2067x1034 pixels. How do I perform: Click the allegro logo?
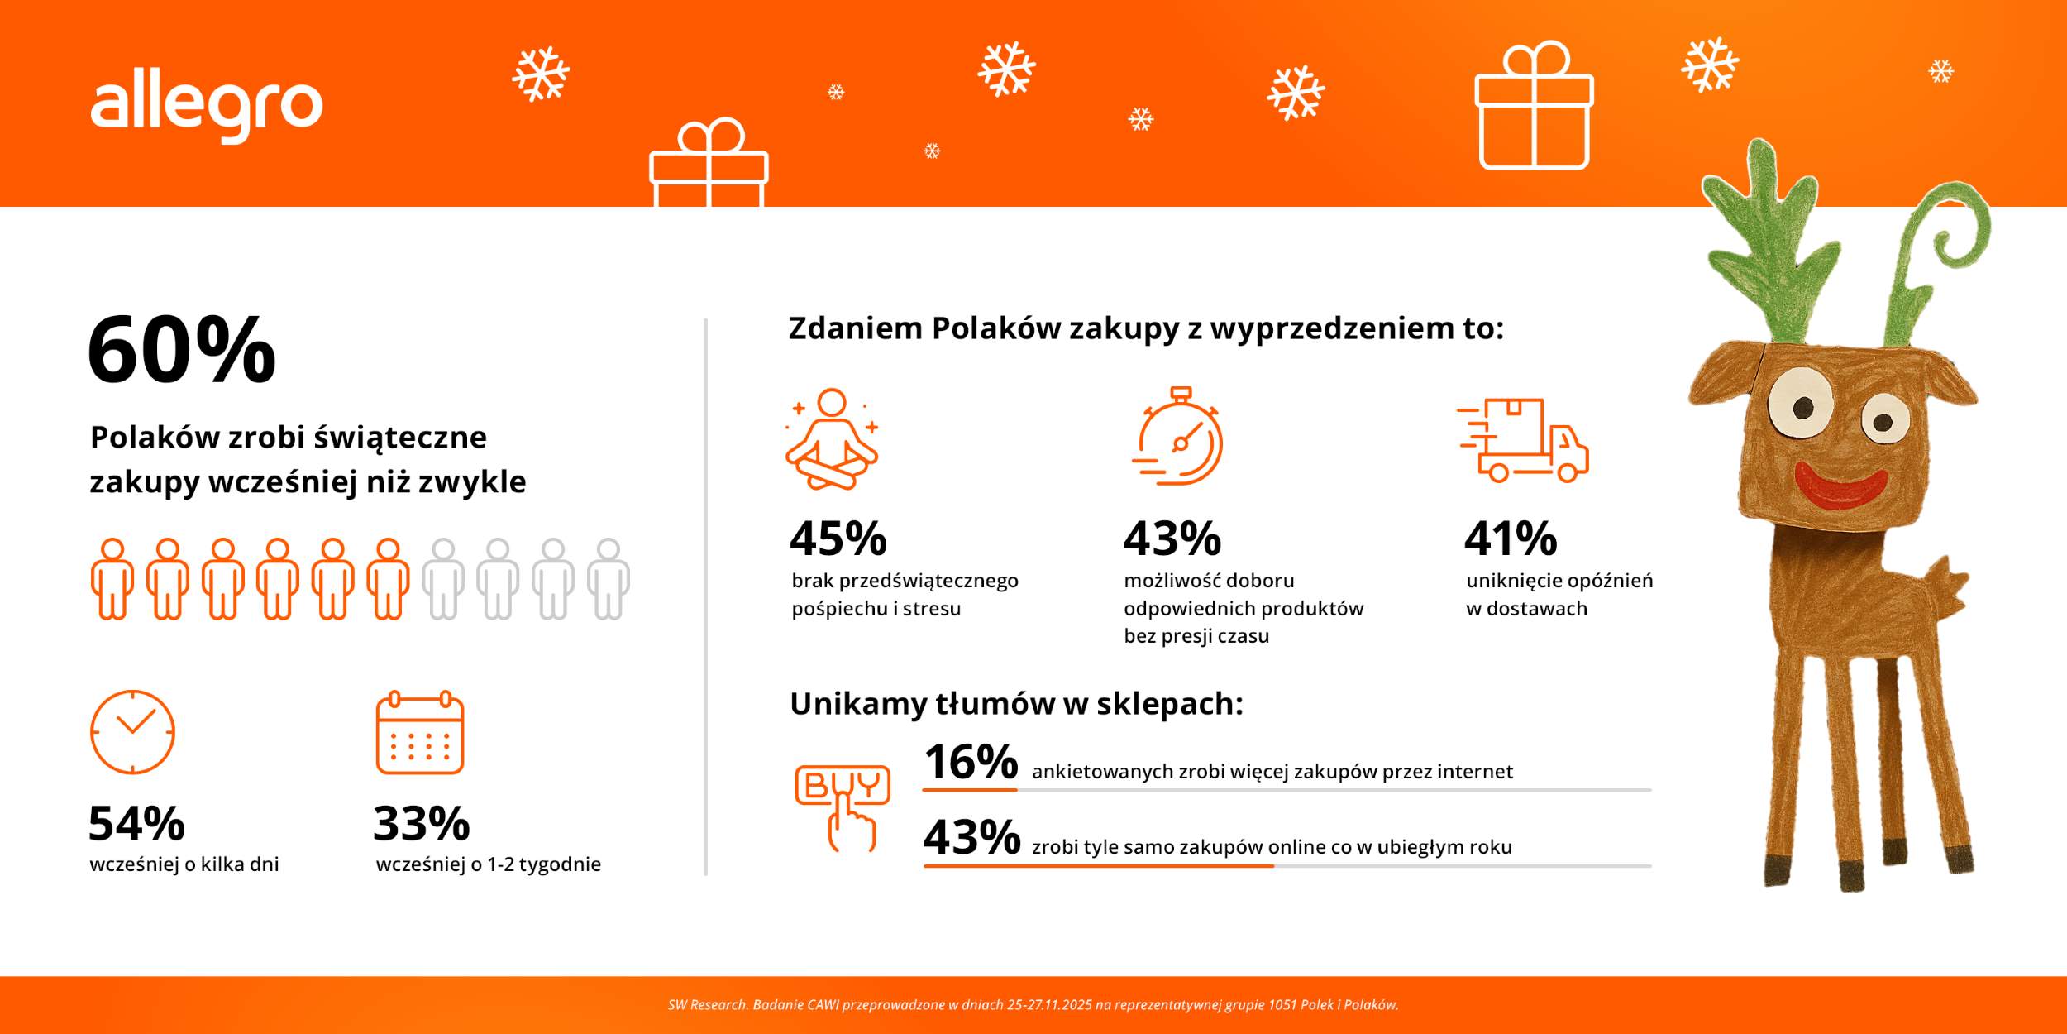(206, 109)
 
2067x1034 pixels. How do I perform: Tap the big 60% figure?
(182, 350)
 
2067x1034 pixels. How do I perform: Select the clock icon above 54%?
(132, 732)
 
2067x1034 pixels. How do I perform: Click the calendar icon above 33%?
(420, 733)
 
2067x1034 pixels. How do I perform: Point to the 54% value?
(137, 823)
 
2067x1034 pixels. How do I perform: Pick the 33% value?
(422, 823)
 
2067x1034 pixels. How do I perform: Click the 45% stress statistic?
(838, 539)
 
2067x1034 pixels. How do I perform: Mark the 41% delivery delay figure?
(1511, 539)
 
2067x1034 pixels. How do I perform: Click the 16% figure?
(971, 762)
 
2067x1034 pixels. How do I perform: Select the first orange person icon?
(112, 579)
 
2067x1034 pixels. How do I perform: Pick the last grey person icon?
(609, 579)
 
